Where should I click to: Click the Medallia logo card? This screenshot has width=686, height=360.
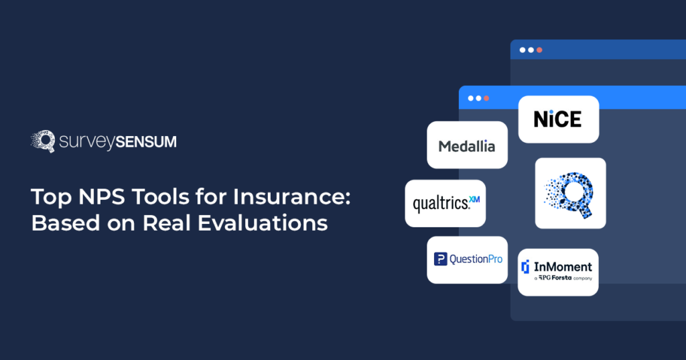click(467, 145)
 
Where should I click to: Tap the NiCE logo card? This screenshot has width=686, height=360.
click(559, 119)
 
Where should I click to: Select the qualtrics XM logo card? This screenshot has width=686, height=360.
click(445, 203)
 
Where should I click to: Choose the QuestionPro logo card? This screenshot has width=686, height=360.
click(467, 259)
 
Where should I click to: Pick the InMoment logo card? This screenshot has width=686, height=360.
click(558, 272)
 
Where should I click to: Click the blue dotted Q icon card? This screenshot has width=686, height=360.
click(571, 193)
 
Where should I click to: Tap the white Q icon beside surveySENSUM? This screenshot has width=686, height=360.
click(43, 141)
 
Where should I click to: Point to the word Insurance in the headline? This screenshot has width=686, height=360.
click(291, 196)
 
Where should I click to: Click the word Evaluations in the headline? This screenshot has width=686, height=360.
click(263, 223)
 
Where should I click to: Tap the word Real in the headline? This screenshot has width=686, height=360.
click(167, 223)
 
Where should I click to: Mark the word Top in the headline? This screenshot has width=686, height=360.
click(51, 198)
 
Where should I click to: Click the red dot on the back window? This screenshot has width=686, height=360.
click(539, 50)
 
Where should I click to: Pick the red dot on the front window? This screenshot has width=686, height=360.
click(486, 98)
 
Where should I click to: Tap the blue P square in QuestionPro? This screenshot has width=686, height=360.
click(440, 259)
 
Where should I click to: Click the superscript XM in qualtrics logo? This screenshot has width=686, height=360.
click(474, 199)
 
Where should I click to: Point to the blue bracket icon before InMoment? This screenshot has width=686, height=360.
click(525, 267)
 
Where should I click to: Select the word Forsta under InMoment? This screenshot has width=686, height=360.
click(562, 278)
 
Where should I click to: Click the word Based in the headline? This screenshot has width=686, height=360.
click(64, 223)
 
